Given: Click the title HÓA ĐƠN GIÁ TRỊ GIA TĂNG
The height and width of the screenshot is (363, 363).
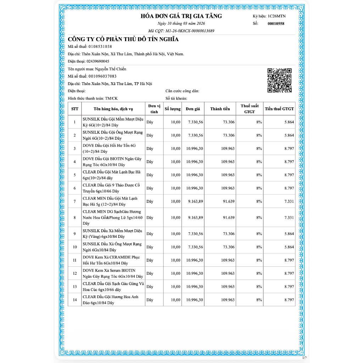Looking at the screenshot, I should (x=181, y=16).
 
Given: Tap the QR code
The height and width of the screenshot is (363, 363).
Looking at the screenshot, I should (x=279, y=80).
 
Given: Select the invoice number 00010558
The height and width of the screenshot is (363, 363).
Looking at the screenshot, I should (x=276, y=24).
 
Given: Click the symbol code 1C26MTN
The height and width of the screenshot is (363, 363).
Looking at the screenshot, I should (x=277, y=16).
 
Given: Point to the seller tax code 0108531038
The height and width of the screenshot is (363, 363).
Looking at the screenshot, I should (x=100, y=46).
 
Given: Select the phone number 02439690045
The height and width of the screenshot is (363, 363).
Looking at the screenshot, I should (x=98, y=61).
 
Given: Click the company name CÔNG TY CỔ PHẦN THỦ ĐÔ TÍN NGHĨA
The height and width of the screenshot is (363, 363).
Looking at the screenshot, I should (x=123, y=39).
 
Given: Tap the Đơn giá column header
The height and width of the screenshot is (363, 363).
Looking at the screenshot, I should (x=193, y=109).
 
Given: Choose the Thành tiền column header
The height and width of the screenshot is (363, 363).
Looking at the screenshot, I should (x=220, y=109).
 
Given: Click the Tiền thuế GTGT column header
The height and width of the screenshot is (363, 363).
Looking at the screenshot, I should (x=279, y=109).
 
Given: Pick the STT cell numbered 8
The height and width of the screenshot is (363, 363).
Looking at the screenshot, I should (x=74, y=217).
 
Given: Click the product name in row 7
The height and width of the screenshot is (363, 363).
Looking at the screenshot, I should (x=110, y=201).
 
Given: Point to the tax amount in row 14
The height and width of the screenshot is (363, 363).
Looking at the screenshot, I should (x=289, y=300).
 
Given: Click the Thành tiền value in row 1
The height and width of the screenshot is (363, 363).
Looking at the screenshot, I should (x=228, y=122).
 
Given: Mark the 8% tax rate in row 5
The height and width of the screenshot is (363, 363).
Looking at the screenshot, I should (x=259, y=175).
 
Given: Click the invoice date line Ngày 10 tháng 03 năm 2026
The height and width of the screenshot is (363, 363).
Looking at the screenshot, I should (x=181, y=23).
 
